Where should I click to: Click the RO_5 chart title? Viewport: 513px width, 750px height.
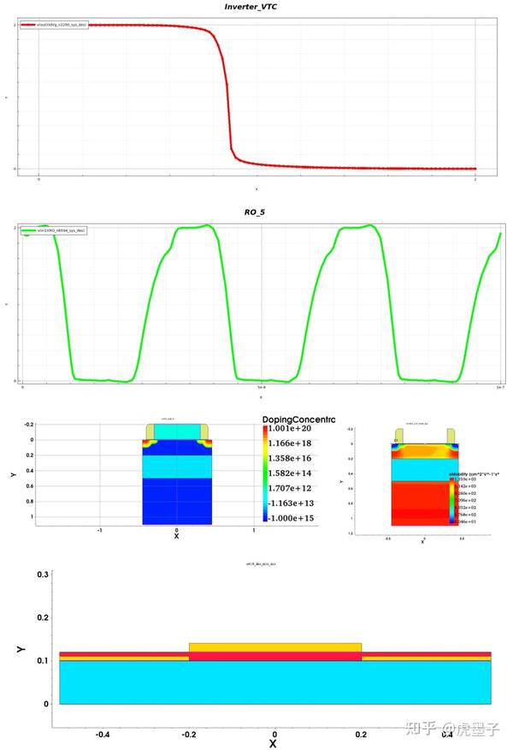coord(256,211)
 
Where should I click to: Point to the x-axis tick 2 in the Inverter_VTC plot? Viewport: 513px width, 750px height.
coord(475,180)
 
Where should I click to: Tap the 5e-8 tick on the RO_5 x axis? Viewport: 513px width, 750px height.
coord(262,390)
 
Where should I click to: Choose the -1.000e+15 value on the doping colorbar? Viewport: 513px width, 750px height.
coord(292,519)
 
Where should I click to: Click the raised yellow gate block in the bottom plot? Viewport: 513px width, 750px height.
coord(274,646)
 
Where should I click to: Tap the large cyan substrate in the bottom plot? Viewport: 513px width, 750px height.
coord(274,682)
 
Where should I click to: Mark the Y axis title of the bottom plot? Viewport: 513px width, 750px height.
coord(21,651)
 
